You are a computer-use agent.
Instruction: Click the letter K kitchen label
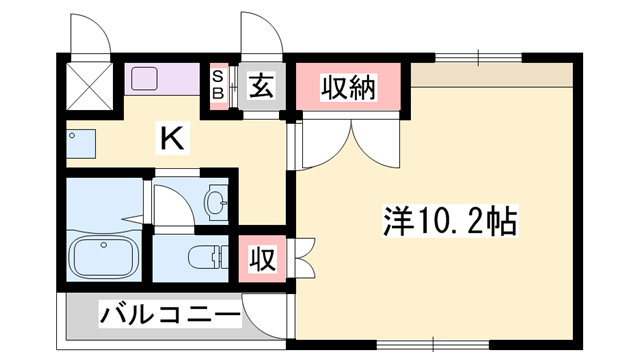pos(173,138)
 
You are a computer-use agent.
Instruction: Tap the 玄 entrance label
pos(262,86)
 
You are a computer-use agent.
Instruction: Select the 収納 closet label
pos(348,87)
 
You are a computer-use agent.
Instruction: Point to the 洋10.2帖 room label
pos(450,221)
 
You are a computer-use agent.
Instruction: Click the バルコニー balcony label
pos(170,315)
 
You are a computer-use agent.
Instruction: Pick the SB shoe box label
pos(219,85)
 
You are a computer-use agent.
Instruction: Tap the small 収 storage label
pos(262,259)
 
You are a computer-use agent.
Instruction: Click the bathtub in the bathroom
pos(103,257)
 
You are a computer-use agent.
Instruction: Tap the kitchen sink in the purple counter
pos(144,79)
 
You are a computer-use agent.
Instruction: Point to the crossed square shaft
pos(89,86)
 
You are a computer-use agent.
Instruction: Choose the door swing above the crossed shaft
pos(90,34)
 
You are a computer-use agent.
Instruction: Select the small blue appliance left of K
pos(81,144)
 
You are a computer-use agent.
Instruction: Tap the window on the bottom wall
pos(433,345)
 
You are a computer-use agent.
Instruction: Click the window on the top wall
pos(478,58)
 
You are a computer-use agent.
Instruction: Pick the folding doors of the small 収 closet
pos(301,259)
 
